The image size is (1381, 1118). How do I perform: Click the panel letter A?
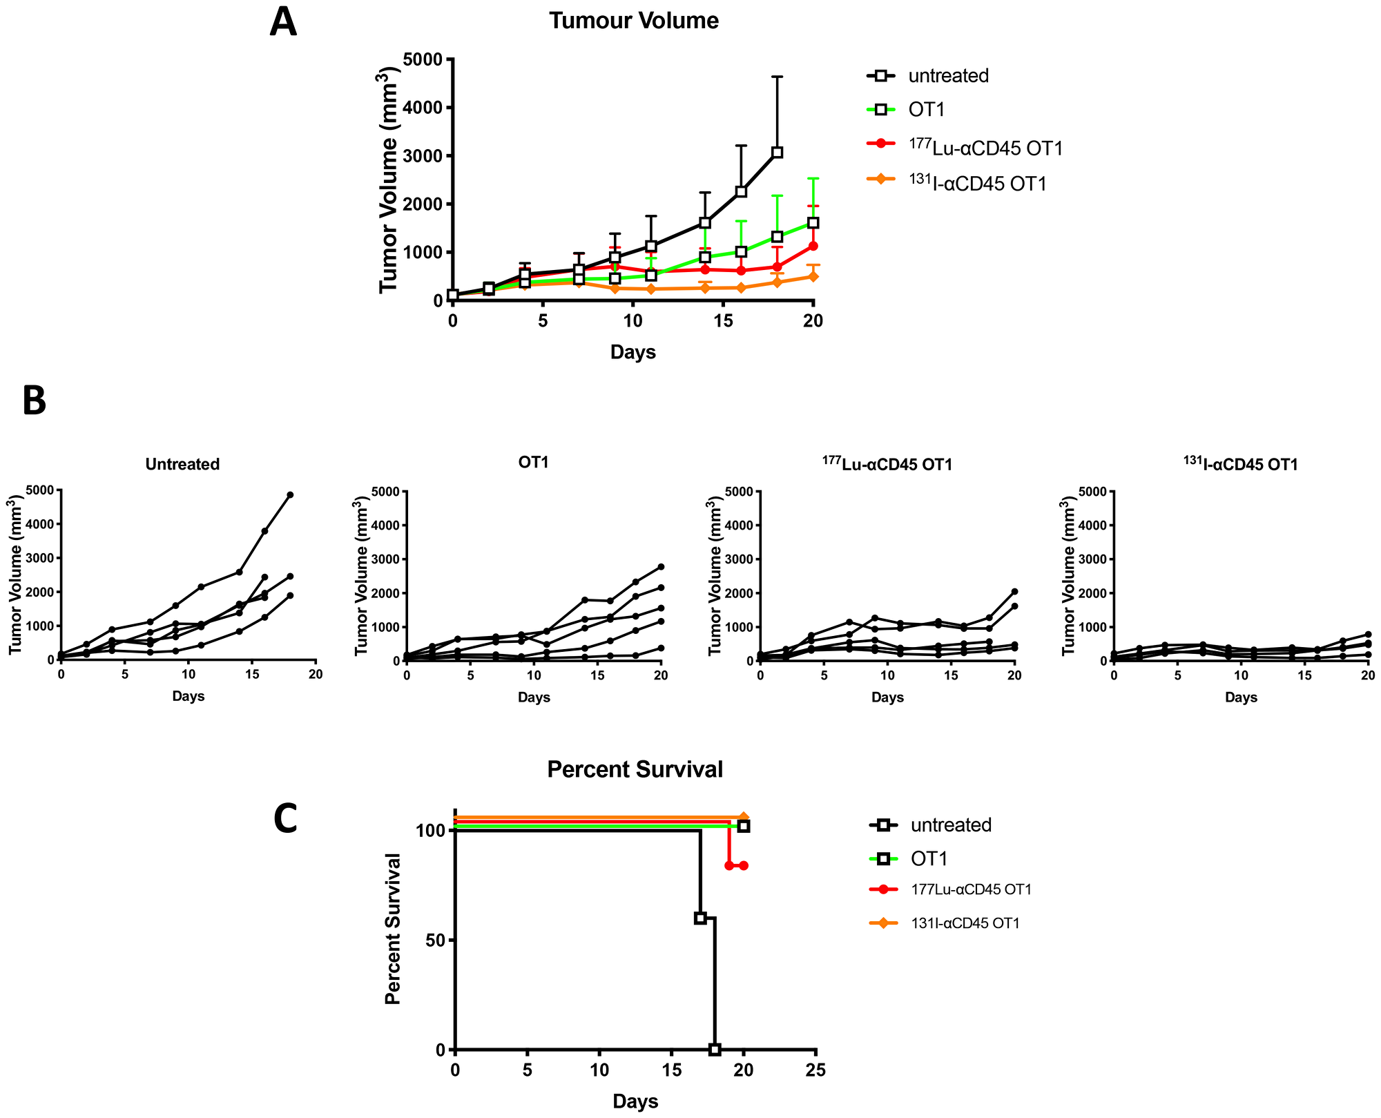point(283,23)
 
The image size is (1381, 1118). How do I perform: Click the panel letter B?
point(34,401)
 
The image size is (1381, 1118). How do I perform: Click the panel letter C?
point(285,820)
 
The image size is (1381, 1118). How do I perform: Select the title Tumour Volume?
point(634,21)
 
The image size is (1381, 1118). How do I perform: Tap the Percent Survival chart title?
point(635,769)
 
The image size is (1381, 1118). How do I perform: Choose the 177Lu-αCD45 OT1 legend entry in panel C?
point(971,889)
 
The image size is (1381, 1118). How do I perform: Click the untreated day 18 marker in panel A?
point(777,153)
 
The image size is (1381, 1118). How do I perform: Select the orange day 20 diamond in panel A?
point(813,276)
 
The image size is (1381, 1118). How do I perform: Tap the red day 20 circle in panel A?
point(813,246)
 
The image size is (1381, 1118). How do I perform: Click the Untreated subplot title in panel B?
point(182,465)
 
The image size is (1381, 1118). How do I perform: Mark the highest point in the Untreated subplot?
point(290,494)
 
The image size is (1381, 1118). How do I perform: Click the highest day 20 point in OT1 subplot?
point(661,567)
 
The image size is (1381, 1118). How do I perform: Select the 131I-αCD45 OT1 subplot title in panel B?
point(1240,465)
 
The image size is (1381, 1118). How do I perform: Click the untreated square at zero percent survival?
point(715,1050)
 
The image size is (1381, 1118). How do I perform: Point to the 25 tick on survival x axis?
point(816,1071)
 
